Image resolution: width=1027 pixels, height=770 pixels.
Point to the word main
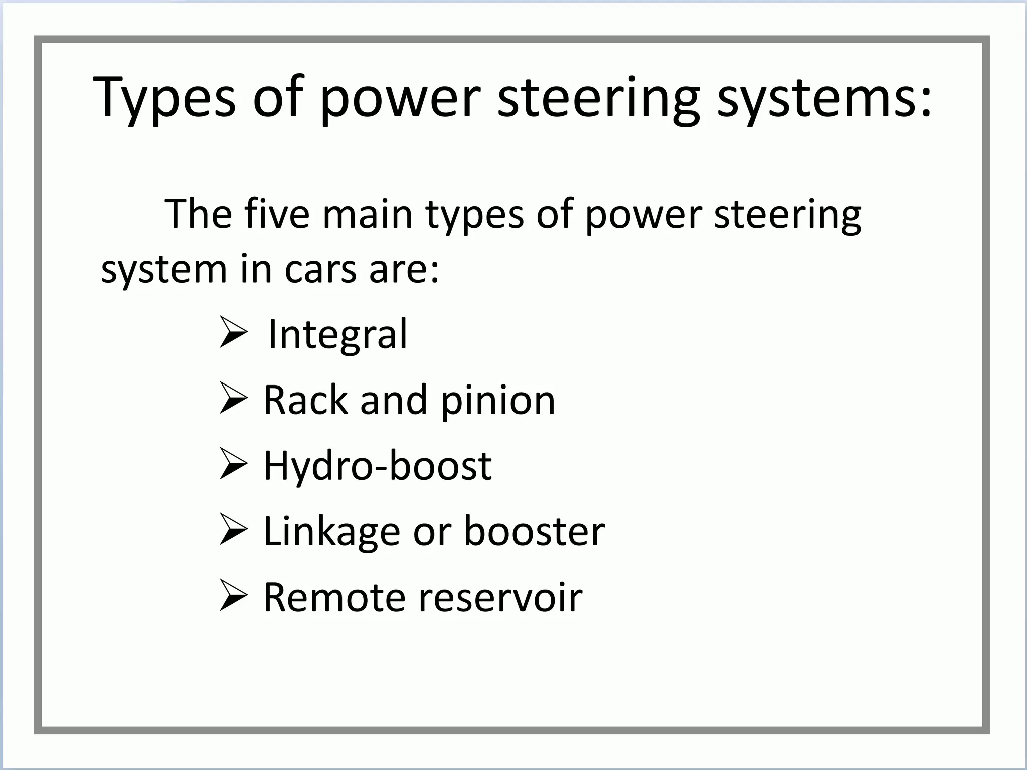tap(367, 214)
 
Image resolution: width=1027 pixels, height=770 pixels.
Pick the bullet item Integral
tap(337, 334)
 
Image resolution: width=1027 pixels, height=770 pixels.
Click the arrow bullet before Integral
tap(233, 332)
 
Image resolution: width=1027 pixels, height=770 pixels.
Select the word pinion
tap(498, 401)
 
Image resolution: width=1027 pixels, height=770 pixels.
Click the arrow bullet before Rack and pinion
tap(233, 399)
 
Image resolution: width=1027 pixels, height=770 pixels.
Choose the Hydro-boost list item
tap(377, 466)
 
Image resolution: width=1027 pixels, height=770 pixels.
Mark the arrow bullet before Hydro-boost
tap(233, 464)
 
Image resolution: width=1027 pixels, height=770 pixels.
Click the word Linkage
tap(331, 531)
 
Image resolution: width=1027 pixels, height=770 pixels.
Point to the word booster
tap(534, 531)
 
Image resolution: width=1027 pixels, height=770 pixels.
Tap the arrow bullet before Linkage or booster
tap(233, 530)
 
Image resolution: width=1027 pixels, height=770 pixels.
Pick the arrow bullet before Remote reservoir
tap(233, 596)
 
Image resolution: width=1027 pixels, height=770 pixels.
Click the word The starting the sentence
tap(198, 214)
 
